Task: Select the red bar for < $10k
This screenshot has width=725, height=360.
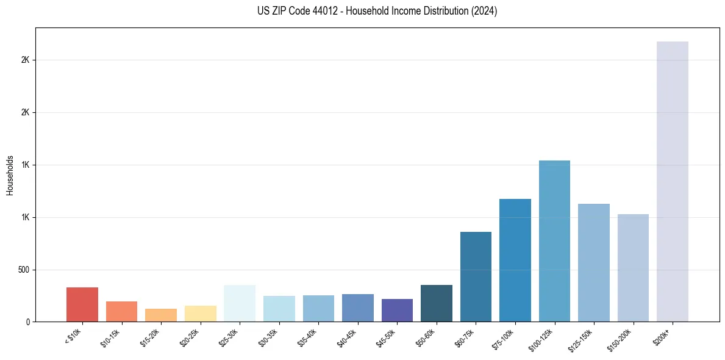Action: click(x=82, y=304)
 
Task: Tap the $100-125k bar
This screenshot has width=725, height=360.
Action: click(x=554, y=241)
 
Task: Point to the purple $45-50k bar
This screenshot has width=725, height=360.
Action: click(x=397, y=310)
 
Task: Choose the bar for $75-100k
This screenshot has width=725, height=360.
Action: click(x=515, y=260)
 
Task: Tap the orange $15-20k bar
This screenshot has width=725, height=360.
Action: click(x=161, y=315)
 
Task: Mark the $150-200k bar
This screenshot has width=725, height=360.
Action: click(x=633, y=268)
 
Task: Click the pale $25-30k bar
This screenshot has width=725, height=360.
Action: click(x=240, y=303)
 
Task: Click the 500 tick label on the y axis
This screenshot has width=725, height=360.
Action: click(x=24, y=270)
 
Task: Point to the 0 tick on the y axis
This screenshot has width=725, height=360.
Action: click(x=28, y=322)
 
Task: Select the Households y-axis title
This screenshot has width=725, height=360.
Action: click(x=10, y=175)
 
